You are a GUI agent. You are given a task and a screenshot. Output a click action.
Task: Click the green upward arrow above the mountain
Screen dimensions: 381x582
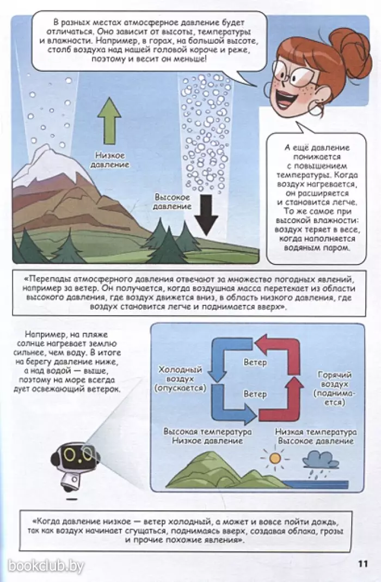pyautogui.click(x=109, y=121)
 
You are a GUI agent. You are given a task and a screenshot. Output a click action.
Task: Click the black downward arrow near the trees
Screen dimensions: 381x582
pyautogui.click(x=206, y=214)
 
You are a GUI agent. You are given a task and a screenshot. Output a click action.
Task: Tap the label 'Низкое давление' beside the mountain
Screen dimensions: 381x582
pyautogui.click(x=109, y=160)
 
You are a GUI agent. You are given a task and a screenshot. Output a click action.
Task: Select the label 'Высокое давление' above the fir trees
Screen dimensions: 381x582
pyautogui.click(x=172, y=202)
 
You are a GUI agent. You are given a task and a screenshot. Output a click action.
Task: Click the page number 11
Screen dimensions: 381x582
pyautogui.click(x=363, y=563)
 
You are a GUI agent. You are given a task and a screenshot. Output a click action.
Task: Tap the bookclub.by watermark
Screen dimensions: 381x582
pyautogui.click(x=46, y=566)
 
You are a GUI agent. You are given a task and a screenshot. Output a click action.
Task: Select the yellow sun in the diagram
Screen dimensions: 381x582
pyautogui.click(x=275, y=458)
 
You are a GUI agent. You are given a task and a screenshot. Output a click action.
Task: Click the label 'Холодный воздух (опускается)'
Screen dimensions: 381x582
pyautogui.click(x=180, y=379)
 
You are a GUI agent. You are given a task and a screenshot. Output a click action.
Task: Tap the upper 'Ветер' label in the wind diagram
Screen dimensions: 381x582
pyautogui.click(x=255, y=362)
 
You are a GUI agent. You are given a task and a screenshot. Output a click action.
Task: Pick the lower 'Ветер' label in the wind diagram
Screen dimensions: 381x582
pyautogui.click(x=255, y=394)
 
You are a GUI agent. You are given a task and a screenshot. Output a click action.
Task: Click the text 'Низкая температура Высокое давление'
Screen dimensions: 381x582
pyautogui.click(x=316, y=437)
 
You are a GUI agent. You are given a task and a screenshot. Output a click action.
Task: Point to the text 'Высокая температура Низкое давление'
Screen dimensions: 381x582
pyautogui.click(x=208, y=436)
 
